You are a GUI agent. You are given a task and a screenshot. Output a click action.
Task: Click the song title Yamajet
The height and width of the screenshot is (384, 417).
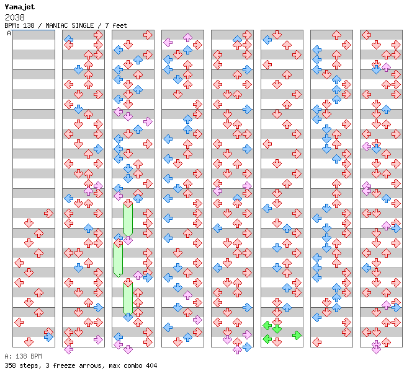tap(20, 7)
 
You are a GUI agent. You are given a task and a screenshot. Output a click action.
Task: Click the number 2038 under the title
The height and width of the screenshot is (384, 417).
tap(15, 17)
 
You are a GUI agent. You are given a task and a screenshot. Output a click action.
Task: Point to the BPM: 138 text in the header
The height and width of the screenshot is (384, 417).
tap(20, 25)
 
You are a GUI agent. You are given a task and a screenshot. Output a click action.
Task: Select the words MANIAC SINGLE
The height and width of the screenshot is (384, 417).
tap(69, 25)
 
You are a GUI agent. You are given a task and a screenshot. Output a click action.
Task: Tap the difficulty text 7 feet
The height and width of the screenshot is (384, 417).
tap(116, 25)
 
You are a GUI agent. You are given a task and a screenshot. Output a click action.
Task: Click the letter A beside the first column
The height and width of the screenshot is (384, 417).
tap(9, 33)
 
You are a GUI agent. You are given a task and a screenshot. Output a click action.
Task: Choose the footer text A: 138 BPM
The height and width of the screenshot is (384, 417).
tap(24, 356)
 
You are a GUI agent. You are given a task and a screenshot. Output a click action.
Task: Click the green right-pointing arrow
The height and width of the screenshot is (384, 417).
tap(297, 336)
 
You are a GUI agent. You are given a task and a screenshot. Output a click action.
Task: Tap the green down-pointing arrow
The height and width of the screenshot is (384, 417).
tap(277, 329)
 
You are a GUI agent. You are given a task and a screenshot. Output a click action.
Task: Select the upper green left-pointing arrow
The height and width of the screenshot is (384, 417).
tap(267, 325)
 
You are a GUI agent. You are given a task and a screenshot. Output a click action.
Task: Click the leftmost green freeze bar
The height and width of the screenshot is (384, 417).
tap(118, 260)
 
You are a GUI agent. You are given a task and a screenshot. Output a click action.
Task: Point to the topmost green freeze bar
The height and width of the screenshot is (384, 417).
tap(128, 219)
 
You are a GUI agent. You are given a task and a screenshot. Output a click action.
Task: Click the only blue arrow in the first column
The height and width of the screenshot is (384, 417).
tap(48, 337)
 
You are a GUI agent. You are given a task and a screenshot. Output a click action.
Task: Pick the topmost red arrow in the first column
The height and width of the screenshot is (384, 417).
tap(48, 213)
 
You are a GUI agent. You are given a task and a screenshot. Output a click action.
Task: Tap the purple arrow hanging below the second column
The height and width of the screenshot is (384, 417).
tap(69, 349)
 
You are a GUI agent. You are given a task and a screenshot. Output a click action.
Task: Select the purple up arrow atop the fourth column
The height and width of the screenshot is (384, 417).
tap(187, 37)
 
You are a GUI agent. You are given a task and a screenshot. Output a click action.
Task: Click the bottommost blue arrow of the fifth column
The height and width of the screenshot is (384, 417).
tap(247, 347)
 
